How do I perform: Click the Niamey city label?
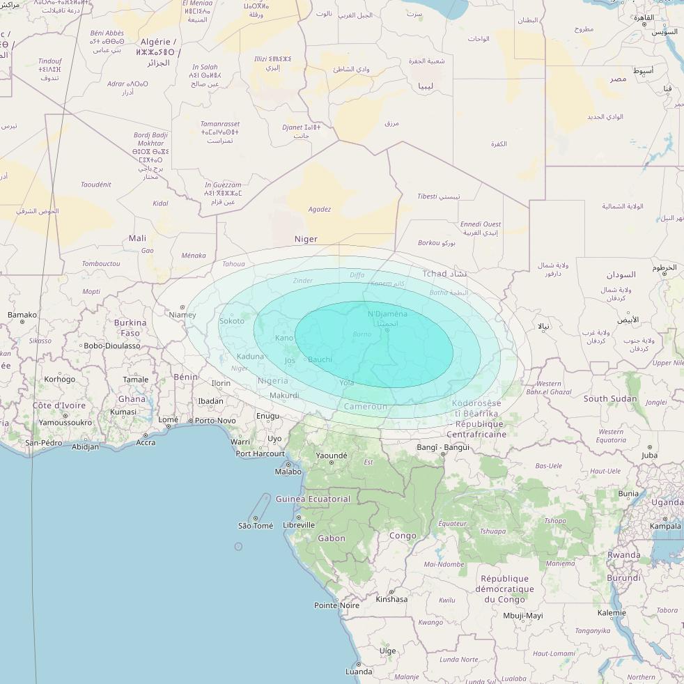(182, 315)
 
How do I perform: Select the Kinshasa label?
(391, 599)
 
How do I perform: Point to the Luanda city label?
(359, 672)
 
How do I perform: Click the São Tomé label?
(255, 526)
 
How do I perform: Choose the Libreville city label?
(299, 525)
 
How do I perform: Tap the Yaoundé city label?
(332, 456)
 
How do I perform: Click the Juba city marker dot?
(650, 447)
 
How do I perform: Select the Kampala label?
(664, 526)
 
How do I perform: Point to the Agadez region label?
(319, 209)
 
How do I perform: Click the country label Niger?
(306, 239)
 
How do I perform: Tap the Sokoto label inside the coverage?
(232, 321)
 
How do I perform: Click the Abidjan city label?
(86, 447)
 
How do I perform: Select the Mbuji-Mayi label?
(522, 616)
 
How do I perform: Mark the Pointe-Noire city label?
(336, 605)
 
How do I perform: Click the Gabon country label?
(331, 538)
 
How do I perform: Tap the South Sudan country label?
(609, 399)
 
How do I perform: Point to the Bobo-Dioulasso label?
(111, 345)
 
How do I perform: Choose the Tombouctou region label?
(101, 264)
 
